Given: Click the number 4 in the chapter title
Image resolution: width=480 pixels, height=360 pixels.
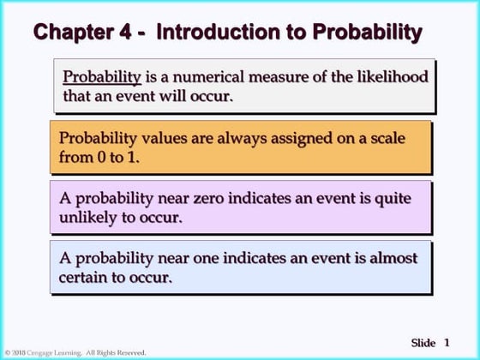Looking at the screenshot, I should coord(125,33).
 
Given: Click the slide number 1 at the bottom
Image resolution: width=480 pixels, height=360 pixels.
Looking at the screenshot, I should coord(447,342).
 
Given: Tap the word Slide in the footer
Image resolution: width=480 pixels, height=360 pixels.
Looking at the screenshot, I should coord(423,342).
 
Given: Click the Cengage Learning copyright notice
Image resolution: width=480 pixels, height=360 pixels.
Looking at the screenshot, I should coord(75,352).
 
